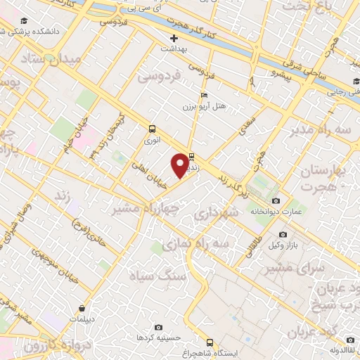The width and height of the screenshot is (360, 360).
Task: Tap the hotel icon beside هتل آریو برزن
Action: [x=205, y=96]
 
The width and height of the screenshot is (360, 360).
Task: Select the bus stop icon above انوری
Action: [x=153, y=129]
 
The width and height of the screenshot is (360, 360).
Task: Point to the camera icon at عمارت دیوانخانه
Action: [x=275, y=201]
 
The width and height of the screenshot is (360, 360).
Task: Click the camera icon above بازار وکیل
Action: [x=283, y=234]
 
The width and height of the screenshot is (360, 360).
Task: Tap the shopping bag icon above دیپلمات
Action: [x=82, y=307]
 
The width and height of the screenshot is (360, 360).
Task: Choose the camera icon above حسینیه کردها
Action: [x=157, y=328]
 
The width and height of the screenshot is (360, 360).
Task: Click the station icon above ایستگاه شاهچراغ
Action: [x=209, y=342]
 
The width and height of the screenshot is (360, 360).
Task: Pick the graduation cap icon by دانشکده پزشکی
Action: [x=24, y=21]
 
